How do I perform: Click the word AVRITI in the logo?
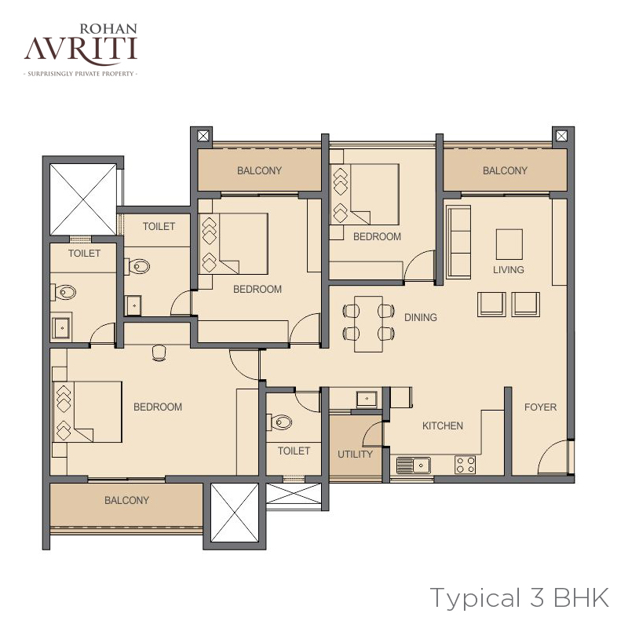pyautogui.click(x=81, y=49)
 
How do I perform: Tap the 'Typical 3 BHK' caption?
pyautogui.click(x=520, y=598)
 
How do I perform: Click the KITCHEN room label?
pyautogui.click(x=443, y=425)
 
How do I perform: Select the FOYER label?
pyautogui.click(x=540, y=407)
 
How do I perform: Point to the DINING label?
pyautogui.click(x=421, y=318)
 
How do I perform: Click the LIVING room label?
pyautogui.click(x=509, y=269)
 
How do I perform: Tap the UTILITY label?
pyautogui.click(x=356, y=455)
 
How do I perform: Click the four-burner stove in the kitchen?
pyautogui.click(x=466, y=465)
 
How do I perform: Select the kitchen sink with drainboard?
pyautogui.click(x=414, y=466)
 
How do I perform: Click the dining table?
pyautogui.click(x=368, y=324)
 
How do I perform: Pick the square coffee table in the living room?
pyautogui.click(x=509, y=244)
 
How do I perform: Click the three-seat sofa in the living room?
pyautogui.click(x=458, y=242)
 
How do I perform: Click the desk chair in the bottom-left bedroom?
pyautogui.click(x=159, y=352)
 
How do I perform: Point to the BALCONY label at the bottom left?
pyautogui.click(x=126, y=500)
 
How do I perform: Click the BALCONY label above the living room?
pyautogui.click(x=505, y=170)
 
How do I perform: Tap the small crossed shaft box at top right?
pyautogui.click(x=561, y=136)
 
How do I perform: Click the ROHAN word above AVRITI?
pyautogui.click(x=108, y=29)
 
